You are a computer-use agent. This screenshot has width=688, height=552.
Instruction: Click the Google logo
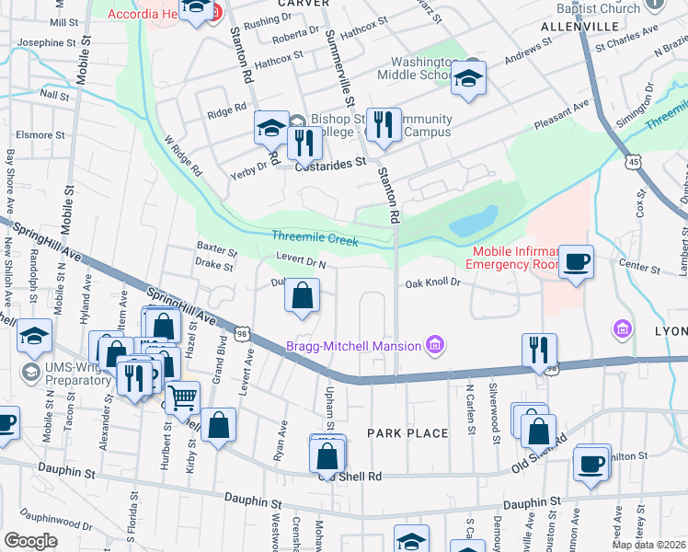[x=30, y=540]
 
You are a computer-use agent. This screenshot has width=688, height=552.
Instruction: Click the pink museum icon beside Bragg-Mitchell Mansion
[x=435, y=346]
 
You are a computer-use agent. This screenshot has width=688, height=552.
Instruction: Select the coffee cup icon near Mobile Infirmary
[x=576, y=262]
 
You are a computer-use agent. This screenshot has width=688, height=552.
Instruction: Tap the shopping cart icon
[x=183, y=397]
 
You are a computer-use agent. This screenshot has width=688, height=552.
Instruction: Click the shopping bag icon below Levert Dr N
[x=302, y=296]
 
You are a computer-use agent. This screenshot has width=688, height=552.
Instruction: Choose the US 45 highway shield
[x=634, y=162]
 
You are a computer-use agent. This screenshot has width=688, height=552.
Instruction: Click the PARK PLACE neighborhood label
[x=407, y=433]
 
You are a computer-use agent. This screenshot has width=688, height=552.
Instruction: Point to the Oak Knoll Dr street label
[x=432, y=283]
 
